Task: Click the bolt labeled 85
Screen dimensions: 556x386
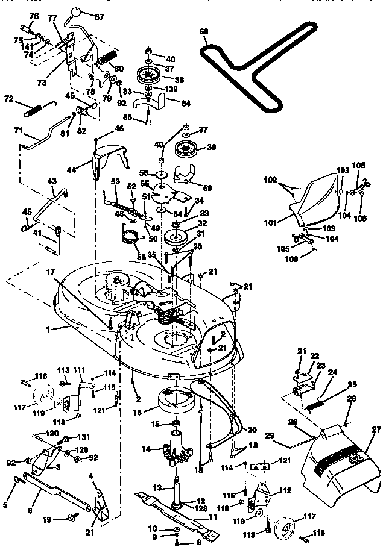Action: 147,117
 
